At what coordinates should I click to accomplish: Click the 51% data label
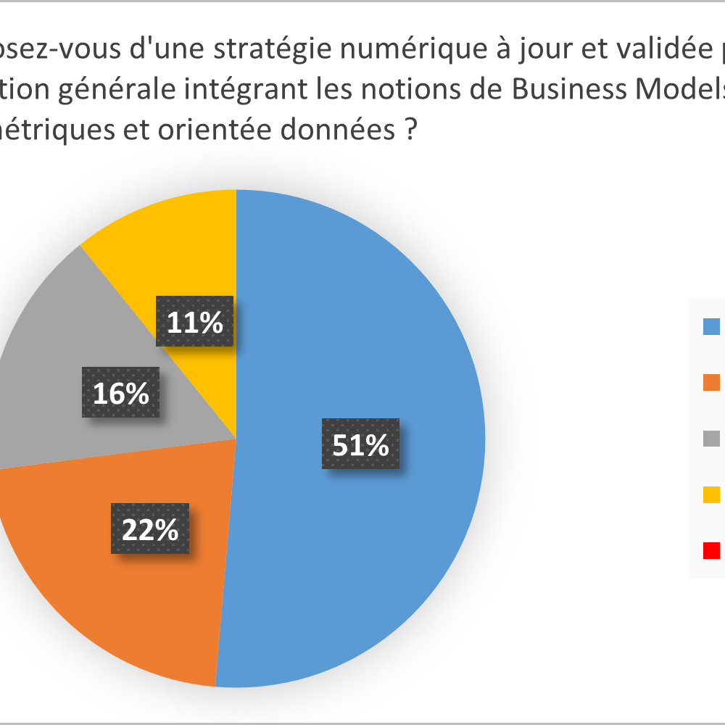point(360,444)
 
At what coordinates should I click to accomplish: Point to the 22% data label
point(150,529)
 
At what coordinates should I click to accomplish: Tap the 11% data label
point(195,321)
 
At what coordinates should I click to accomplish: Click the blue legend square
point(711,326)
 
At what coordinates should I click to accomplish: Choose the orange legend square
point(711,382)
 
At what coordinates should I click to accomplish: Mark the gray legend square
point(711,438)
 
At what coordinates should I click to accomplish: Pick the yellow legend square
point(711,494)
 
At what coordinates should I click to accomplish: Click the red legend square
point(711,550)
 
